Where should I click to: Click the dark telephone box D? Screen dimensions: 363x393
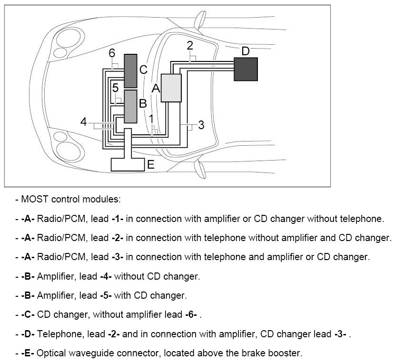[x=246, y=69]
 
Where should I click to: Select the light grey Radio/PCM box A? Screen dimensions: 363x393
[x=171, y=88]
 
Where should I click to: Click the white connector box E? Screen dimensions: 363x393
[x=128, y=163]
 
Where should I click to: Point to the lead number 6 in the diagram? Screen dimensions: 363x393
[x=112, y=53]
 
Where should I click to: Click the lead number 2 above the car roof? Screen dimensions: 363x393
[x=190, y=46]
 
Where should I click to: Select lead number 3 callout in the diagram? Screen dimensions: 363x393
[x=201, y=125]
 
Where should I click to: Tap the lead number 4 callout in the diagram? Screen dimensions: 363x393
[x=84, y=122]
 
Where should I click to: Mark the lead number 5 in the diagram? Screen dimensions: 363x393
[x=116, y=88]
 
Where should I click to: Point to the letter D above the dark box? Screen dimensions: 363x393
[x=245, y=50]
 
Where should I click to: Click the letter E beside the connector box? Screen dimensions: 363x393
[x=151, y=165]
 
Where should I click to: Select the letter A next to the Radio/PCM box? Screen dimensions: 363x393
[x=156, y=88]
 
